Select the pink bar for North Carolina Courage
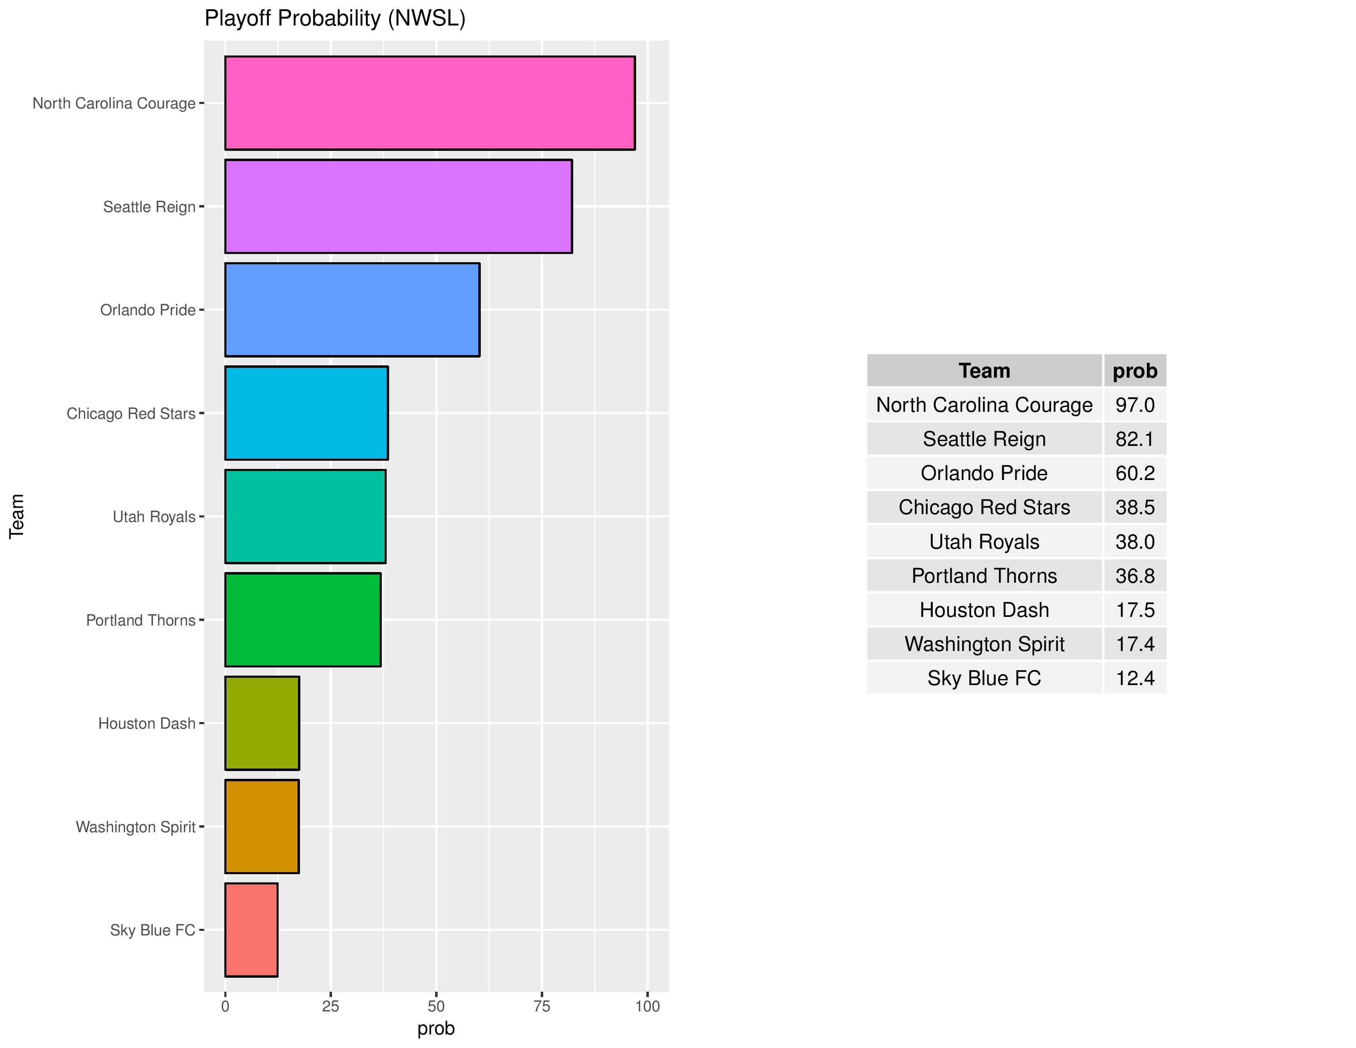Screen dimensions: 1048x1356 tap(430, 103)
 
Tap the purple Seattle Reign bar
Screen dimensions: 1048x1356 tap(398, 206)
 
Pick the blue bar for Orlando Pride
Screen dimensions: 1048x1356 tap(352, 310)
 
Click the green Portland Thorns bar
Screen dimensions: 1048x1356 tap(302, 620)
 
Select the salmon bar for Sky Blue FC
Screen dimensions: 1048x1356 tap(251, 929)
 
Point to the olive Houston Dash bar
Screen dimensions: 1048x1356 tap(262, 723)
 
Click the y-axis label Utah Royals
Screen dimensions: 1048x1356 tap(154, 517)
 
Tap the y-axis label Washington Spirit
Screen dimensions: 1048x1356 tap(135, 827)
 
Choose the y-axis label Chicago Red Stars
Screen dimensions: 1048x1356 tap(131, 413)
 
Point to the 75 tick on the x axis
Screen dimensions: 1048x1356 tap(542, 1006)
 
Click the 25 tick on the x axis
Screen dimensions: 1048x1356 tap(330, 1006)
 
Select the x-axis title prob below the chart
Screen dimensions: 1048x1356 tap(436, 1029)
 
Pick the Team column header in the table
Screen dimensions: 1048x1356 tap(984, 371)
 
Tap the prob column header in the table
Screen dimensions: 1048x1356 tap(1135, 371)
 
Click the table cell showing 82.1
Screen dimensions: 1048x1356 tap(1135, 439)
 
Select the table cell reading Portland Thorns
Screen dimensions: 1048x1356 tap(984, 575)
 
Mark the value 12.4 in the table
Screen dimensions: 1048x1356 tap(1135, 678)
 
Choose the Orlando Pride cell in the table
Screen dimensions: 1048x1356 tap(984, 473)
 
